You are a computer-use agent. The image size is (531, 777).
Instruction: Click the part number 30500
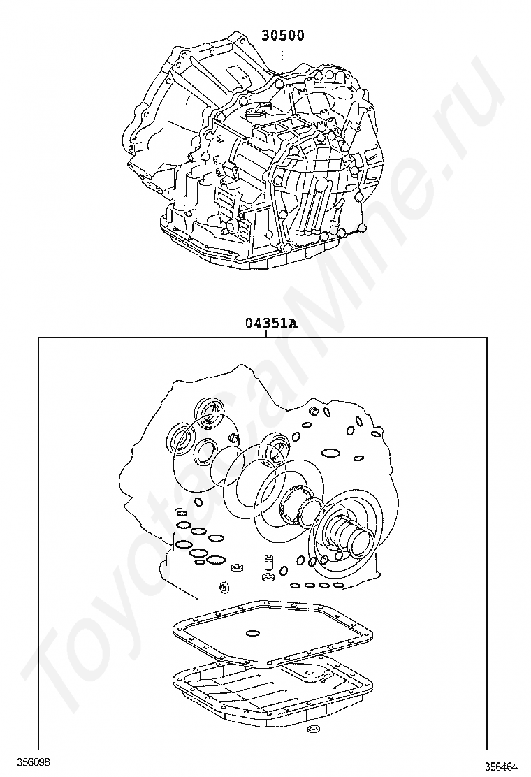pos(284,35)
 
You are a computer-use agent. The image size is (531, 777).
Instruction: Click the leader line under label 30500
pos(282,59)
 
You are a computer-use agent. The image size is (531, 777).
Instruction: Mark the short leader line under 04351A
pos(266,334)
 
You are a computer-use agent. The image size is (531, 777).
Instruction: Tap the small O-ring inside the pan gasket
pos(253,632)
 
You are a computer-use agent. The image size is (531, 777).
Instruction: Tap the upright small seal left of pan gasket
pos(224,588)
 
